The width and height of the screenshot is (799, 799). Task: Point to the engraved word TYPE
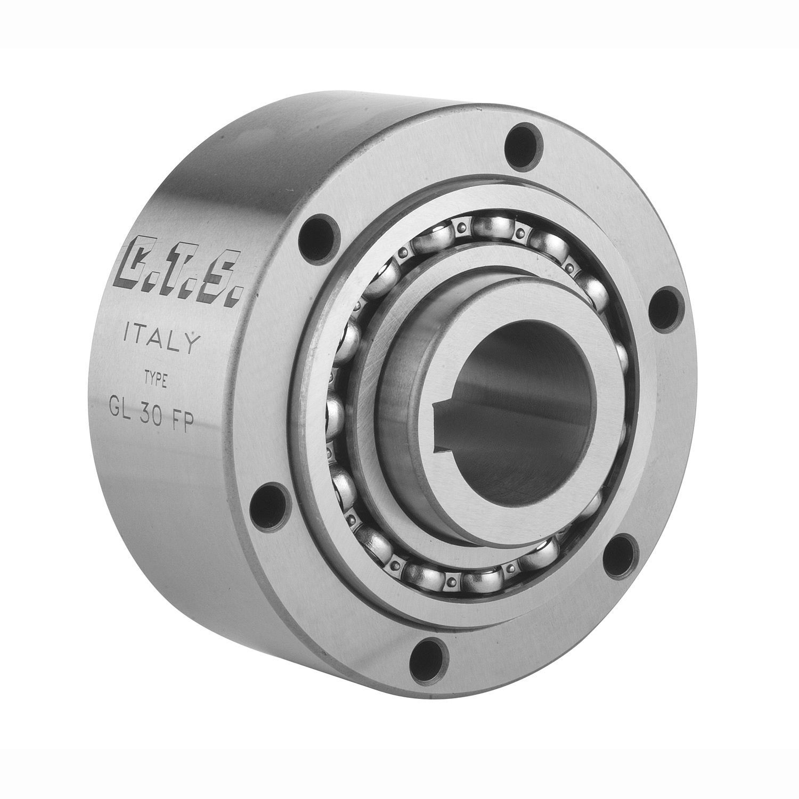tap(156, 379)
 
